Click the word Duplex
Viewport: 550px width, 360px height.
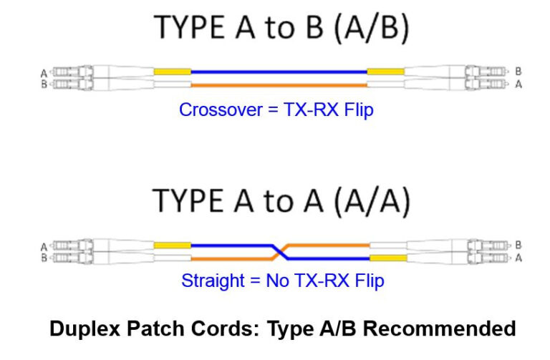[79, 329]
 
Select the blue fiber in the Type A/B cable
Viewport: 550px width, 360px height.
[279, 72]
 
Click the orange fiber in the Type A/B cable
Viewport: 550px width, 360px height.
[279, 86]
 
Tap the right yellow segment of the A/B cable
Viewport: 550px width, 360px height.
[385, 72]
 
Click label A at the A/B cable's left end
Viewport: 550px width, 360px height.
[44, 72]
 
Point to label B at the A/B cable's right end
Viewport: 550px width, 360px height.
[518, 72]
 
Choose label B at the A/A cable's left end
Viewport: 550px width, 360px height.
[44, 257]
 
